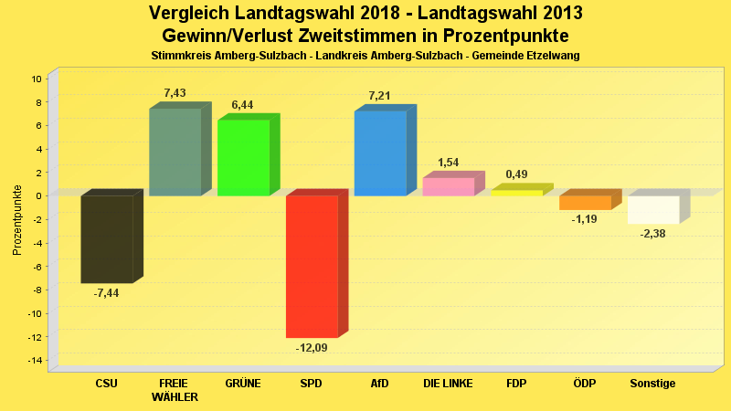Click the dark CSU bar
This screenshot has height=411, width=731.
click(x=107, y=239)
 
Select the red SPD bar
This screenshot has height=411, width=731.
click(x=312, y=267)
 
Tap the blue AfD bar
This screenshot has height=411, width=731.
click(x=380, y=153)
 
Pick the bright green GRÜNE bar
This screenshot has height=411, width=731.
click(x=243, y=158)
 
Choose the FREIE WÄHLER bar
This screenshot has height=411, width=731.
click(x=175, y=153)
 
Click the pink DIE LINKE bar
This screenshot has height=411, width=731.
click(x=448, y=186)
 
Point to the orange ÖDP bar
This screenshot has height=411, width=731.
click(x=585, y=203)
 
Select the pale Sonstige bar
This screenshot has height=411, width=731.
click(x=653, y=210)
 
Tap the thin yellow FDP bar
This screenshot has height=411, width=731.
click(x=516, y=193)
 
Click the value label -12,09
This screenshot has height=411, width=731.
click(x=311, y=348)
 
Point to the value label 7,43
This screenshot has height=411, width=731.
click(x=175, y=92)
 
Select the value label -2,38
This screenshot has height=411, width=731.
click(x=652, y=234)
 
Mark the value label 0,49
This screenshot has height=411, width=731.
click(x=516, y=174)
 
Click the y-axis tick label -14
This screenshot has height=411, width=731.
click(x=37, y=361)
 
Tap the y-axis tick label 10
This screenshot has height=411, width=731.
click(x=38, y=79)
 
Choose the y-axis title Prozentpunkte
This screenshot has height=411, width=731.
click(x=16, y=219)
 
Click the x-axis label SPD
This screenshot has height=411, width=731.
click(x=311, y=384)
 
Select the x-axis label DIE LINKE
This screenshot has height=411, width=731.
click(x=448, y=384)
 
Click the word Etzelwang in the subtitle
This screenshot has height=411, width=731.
click(x=553, y=56)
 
